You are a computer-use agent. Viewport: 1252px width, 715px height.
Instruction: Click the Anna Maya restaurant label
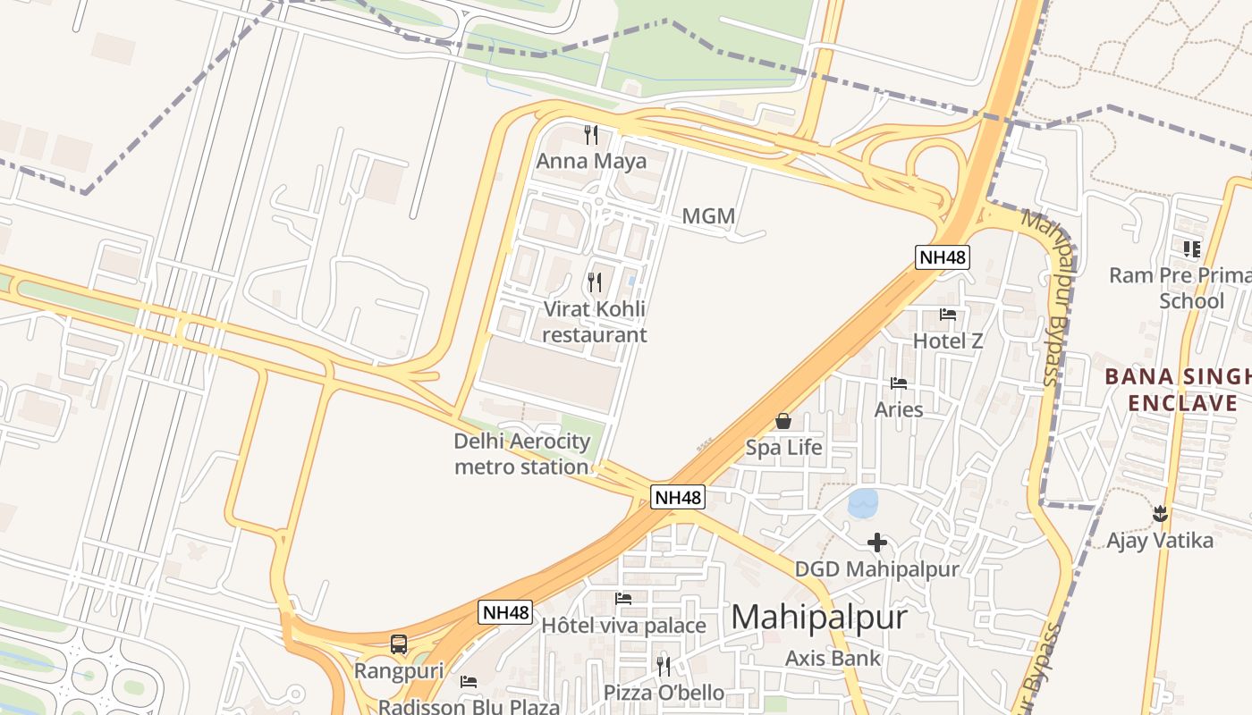point(591,162)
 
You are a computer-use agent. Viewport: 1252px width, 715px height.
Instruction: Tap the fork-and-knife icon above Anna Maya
point(591,135)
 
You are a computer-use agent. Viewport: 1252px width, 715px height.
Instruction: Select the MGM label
point(708,216)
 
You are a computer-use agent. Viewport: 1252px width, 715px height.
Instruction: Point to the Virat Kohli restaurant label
point(595,323)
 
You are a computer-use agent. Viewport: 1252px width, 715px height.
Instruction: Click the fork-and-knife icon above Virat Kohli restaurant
point(595,282)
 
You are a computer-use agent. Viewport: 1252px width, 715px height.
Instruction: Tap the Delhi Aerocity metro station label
point(522,454)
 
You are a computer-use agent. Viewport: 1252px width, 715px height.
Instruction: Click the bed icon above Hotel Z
point(948,315)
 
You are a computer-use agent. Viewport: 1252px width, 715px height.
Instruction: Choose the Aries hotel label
point(899,409)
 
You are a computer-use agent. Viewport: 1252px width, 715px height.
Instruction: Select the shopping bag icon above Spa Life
point(783,421)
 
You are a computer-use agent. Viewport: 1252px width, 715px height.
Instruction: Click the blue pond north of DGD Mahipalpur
point(863,503)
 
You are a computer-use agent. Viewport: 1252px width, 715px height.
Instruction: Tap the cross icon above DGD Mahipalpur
point(877,543)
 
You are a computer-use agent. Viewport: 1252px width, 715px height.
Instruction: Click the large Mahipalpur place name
point(819,618)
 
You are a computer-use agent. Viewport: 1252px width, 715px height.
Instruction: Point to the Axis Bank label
point(833,659)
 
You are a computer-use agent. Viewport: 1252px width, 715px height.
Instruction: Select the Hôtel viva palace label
point(623,626)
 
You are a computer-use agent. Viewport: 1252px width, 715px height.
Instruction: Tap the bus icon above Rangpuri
point(399,643)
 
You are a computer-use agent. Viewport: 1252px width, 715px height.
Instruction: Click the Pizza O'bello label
point(664,693)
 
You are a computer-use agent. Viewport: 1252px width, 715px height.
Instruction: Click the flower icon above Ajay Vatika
point(1160,514)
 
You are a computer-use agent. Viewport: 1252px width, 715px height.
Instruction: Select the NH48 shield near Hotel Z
point(943,257)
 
